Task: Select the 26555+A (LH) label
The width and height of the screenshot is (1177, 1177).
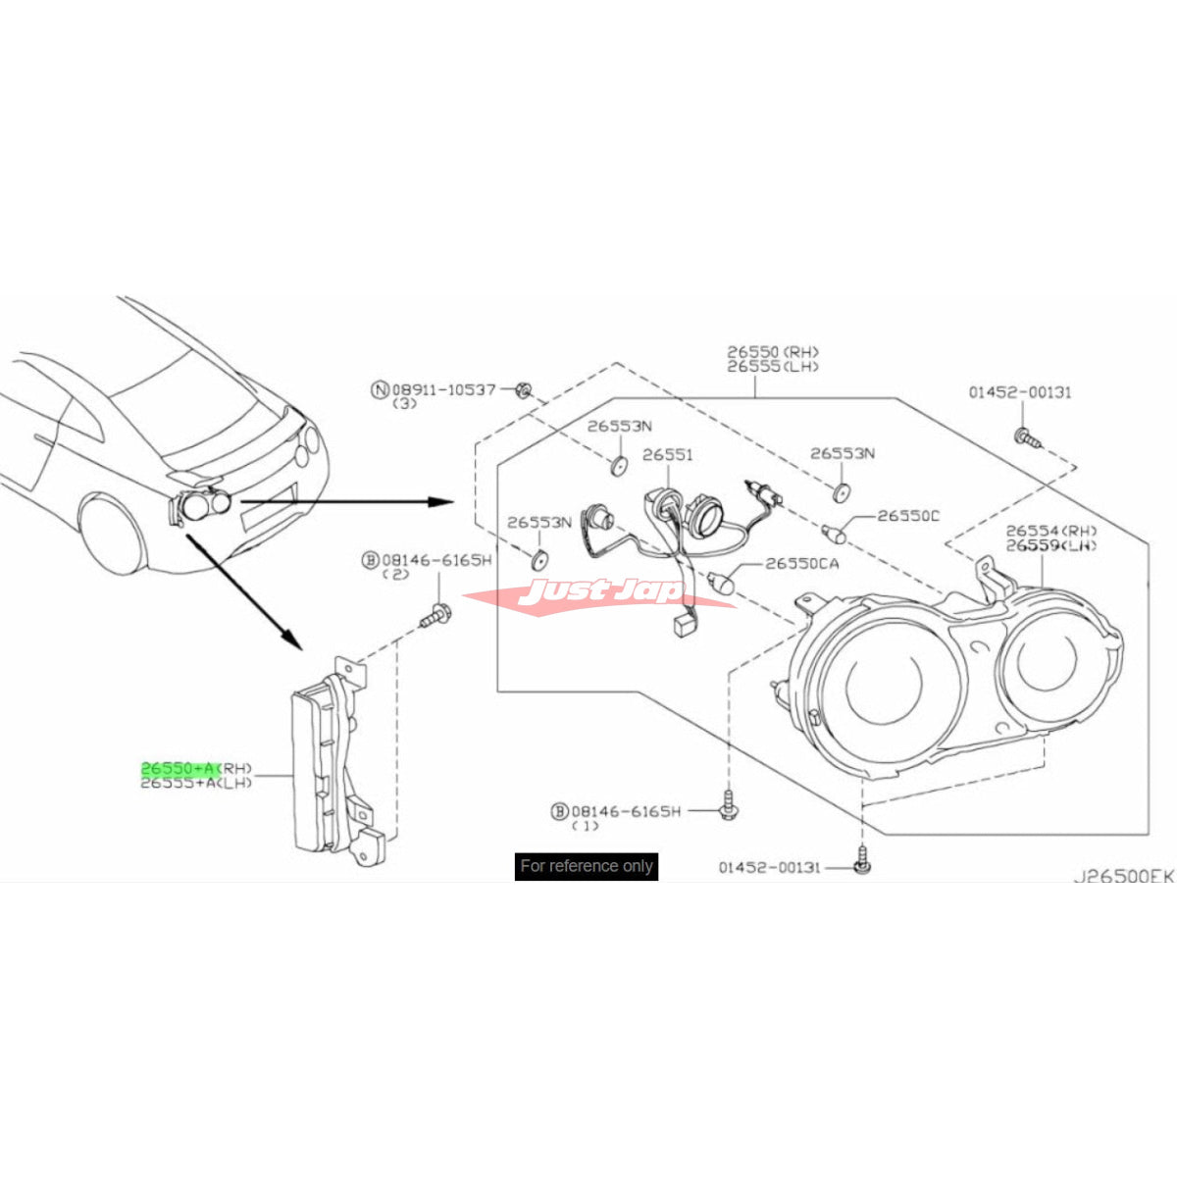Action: pyautogui.click(x=196, y=784)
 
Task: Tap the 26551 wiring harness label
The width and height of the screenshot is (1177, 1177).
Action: pyautogui.click(x=668, y=455)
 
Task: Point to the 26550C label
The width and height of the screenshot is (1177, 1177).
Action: pyautogui.click(x=908, y=516)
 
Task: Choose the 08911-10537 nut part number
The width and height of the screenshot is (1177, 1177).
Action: pyautogui.click(x=446, y=389)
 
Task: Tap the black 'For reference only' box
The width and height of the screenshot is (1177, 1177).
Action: pyautogui.click(x=587, y=866)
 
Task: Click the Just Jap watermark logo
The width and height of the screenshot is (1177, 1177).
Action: pyautogui.click(x=599, y=594)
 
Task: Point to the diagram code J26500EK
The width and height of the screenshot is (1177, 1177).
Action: pyautogui.click(x=1123, y=876)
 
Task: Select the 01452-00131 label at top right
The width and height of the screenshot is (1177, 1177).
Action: pyautogui.click(x=1020, y=392)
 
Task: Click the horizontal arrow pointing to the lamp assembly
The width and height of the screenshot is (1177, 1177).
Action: pyautogui.click(x=343, y=502)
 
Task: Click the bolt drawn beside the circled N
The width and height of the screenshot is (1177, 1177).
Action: pyautogui.click(x=524, y=391)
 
